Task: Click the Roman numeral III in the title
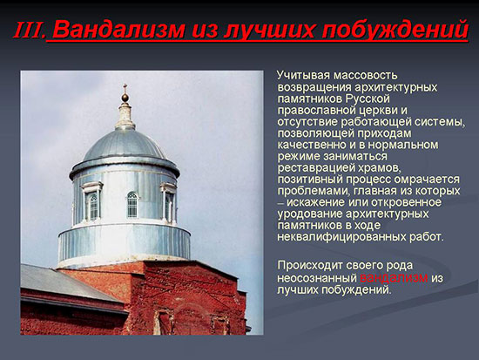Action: [x=29, y=30]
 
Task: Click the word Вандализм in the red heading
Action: [x=119, y=30]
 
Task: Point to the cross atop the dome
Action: [x=125, y=88]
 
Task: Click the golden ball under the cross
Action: [x=125, y=98]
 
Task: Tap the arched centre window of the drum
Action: [x=132, y=205]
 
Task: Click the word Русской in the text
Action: [x=368, y=98]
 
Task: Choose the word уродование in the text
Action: [x=310, y=214]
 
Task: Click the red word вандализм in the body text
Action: [x=394, y=278]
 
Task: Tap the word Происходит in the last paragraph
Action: [x=310, y=266]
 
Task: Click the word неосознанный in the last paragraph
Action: [x=317, y=278]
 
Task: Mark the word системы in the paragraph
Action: [x=440, y=122]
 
